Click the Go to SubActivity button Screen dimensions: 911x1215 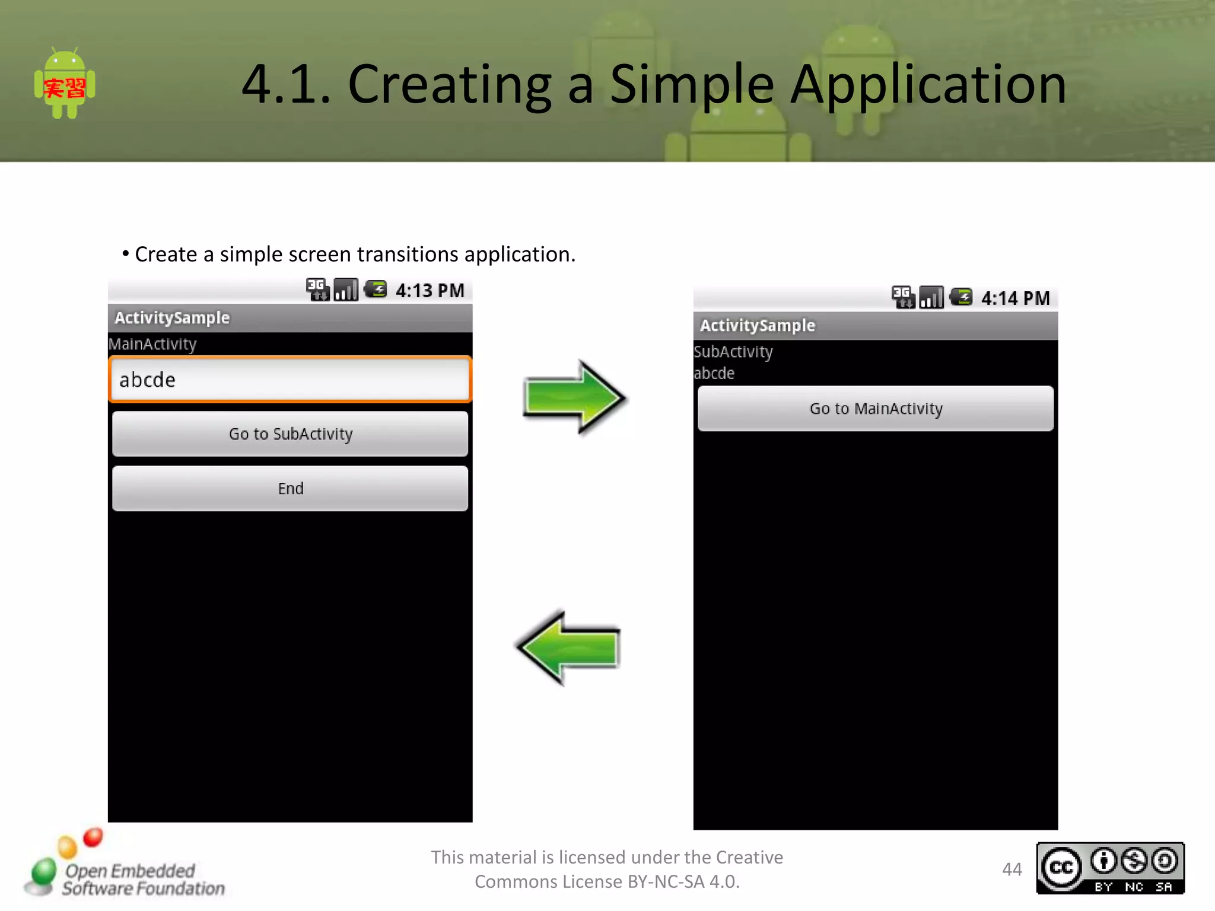click(290, 434)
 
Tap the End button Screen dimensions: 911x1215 click(290, 488)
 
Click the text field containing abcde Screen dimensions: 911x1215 click(290, 380)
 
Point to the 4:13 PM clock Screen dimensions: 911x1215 click(430, 291)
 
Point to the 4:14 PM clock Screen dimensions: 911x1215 click(1015, 298)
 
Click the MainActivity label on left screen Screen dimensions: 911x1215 click(152, 344)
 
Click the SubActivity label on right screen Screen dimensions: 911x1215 click(733, 352)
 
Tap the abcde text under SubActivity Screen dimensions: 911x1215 click(714, 373)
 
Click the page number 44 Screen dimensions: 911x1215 click(1012, 869)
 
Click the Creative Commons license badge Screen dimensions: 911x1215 click(1110, 868)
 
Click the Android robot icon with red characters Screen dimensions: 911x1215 click(65, 85)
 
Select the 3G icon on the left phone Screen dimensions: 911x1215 click(317, 289)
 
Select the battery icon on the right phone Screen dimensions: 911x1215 click(961, 297)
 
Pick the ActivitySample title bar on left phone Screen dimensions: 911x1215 click(290, 318)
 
